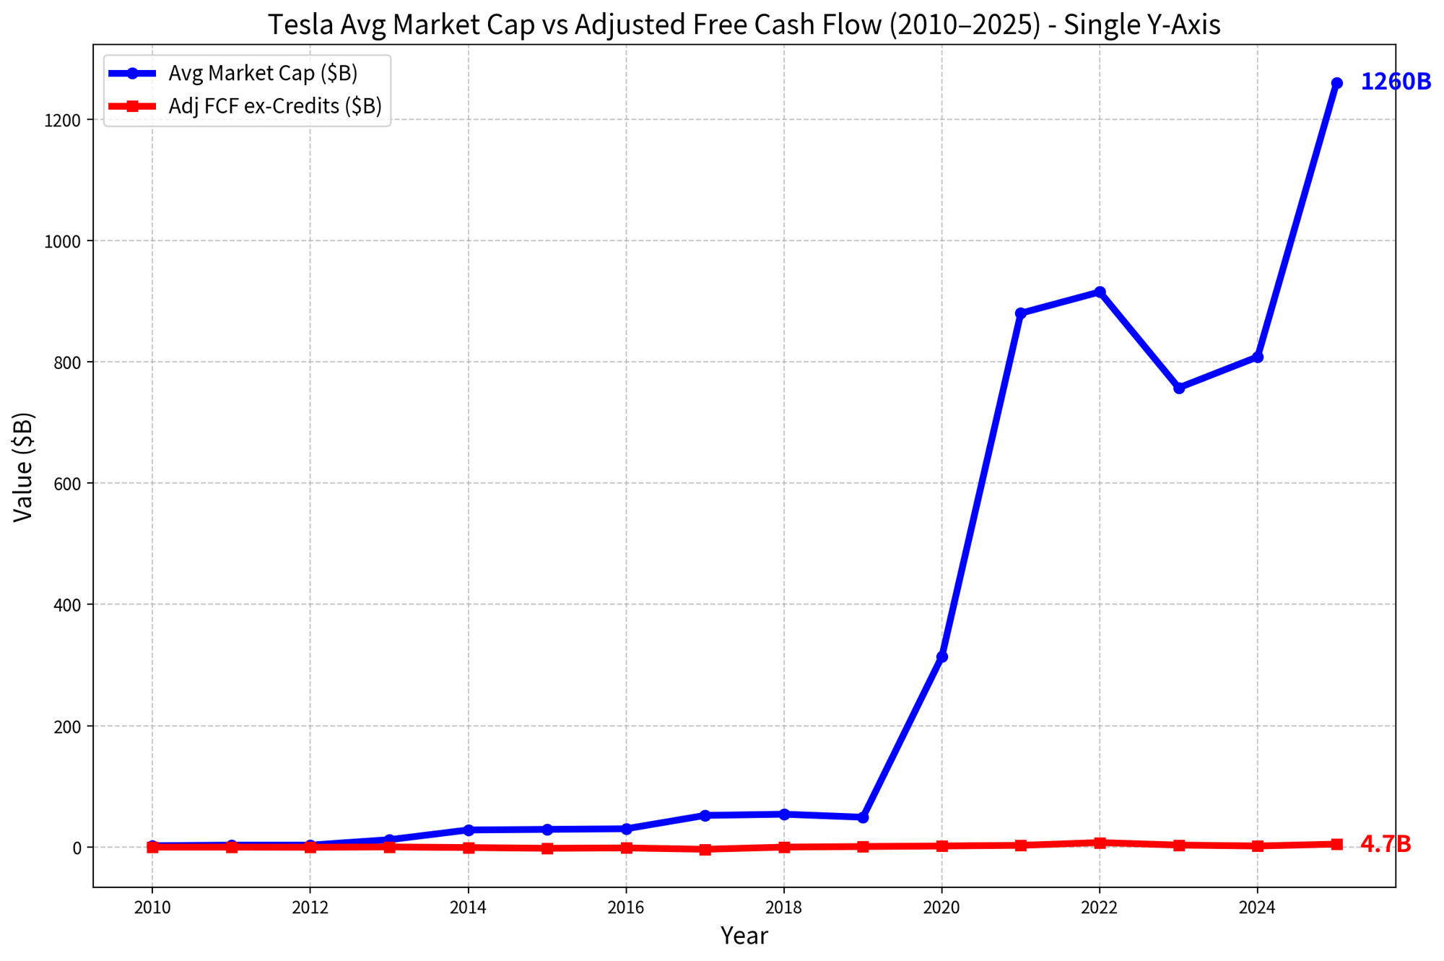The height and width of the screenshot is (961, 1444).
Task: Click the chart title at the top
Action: click(744, 25)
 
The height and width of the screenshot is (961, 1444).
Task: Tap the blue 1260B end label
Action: click(1396, 82)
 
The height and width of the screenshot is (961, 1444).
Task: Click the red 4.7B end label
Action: click(1386, 844)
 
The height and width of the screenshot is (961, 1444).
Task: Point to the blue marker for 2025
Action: click(1336, 83)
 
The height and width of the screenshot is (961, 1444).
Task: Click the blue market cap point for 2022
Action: click(1100, 292)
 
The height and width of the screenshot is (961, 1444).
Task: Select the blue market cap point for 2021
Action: click(1020, 313)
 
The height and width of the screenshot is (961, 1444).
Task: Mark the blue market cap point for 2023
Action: click(1179, 388)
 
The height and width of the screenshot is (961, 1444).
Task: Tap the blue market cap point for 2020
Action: click(941, 657)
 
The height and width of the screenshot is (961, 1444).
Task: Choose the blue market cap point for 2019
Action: click(863, 817)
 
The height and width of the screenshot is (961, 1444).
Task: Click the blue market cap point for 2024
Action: click(1258, 357)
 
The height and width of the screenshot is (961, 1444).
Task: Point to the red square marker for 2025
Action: click(1336, 844)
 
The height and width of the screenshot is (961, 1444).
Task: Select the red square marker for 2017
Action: click(705, 849)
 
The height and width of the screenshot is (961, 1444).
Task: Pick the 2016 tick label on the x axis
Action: click(626, 908)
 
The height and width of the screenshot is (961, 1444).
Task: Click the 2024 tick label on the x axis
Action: click(1258, 908)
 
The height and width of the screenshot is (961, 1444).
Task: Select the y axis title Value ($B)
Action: click(24, 466)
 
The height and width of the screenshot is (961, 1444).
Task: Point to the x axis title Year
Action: click(744, 936)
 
